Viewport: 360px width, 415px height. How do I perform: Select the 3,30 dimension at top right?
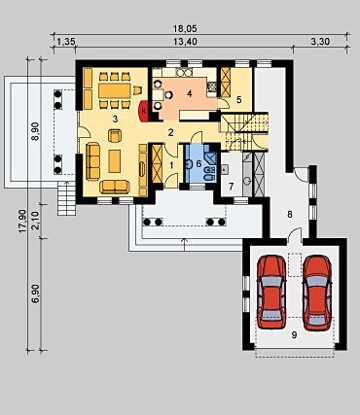tap(320, 42)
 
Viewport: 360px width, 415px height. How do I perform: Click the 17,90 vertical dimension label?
tap(22, 221)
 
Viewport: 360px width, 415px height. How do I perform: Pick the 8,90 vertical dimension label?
tap(35, 131)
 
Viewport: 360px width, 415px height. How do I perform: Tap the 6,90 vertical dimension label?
tap(35, 294)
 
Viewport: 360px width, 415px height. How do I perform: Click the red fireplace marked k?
tap(144, 111)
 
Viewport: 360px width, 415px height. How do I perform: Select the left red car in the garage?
tap(271, 292)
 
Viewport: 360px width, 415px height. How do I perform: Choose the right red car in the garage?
tap(317, 293)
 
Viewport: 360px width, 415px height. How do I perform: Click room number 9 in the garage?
tap(294, 335)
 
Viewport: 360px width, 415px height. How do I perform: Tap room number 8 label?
tap(290, 214)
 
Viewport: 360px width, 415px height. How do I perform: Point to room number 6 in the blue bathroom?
tap(198, 163)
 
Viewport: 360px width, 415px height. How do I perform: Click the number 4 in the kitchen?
tap(190, 94)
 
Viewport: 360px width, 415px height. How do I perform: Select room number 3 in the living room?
tap(115, 119)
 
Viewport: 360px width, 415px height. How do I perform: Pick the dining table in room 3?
tap(115, 91)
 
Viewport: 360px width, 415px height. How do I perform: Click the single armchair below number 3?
tap(115, 135)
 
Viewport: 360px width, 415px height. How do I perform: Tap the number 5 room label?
tap(238, 100)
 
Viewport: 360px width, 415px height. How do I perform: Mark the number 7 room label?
tap(231, 187)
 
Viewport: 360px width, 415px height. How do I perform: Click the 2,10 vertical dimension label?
tap(35, 221)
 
